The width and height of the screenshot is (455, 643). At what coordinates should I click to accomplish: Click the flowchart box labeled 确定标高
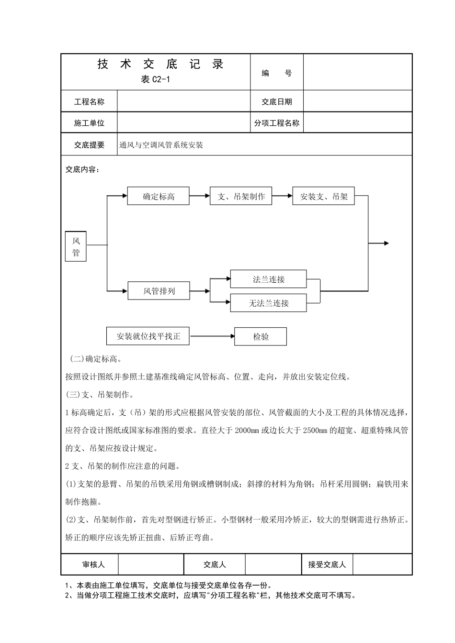pos(158,196)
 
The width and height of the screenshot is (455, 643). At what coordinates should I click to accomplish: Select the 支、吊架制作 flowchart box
pos(241,196)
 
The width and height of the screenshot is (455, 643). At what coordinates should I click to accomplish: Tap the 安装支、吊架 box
pos(323,196)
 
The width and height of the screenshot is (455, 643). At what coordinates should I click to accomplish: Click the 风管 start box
pos(76,247)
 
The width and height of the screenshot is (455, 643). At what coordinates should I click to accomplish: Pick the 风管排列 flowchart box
pos(159,290)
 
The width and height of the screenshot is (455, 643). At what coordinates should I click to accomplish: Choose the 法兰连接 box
pos(268,279)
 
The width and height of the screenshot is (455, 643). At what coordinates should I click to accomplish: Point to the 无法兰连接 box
pos(268,303)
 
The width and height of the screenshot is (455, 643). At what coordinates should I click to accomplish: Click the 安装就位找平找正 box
pos(148,336)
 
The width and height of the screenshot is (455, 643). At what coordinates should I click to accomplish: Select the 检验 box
pos(261,336)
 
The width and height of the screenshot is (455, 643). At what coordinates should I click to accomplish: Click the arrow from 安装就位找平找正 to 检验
pos(212,336)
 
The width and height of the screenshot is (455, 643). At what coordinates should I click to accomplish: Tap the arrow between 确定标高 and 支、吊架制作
pos(200,196)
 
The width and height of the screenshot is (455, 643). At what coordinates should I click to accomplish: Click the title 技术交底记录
pos(160,64)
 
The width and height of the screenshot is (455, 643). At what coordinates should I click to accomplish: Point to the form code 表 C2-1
pos(155,80)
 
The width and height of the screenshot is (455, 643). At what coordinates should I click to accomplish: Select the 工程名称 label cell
pos(89,101)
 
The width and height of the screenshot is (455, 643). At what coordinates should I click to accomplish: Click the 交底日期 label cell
pos(277,101)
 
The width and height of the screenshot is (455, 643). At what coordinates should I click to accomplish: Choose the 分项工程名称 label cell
pos(277,123)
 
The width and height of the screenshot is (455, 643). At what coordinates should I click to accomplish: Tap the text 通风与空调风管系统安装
pos(161,145)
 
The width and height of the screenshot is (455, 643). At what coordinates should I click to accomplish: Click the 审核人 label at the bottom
pos(93,565)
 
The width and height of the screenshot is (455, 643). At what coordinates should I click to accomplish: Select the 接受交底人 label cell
pos(327,565)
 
